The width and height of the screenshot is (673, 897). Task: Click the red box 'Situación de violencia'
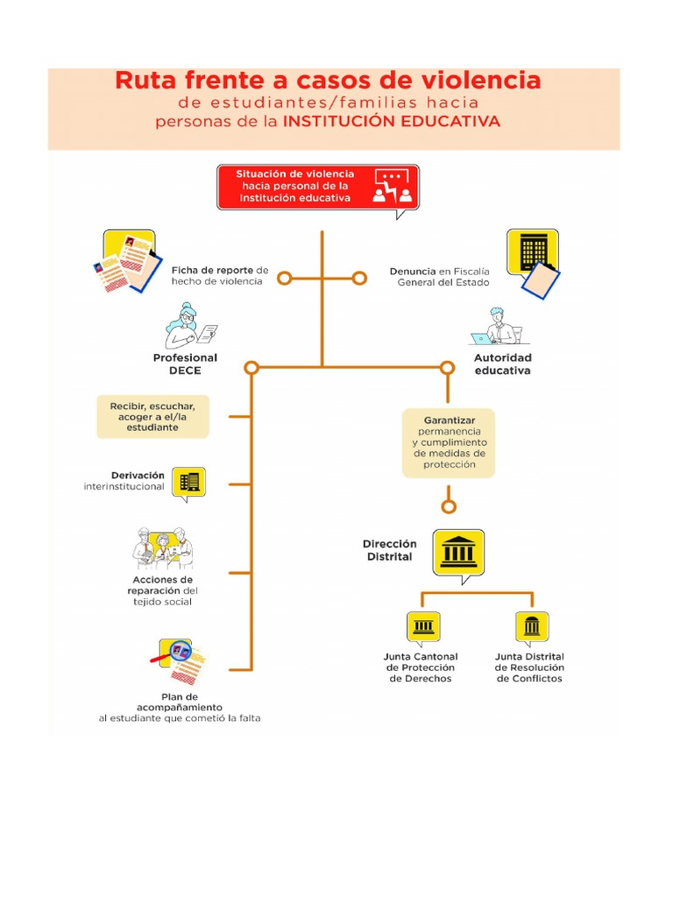[318, 187]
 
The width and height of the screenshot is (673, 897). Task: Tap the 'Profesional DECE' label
[185, 364]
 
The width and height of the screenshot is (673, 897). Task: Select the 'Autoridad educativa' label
[503, 364]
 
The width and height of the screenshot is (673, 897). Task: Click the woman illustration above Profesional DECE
[190, 326]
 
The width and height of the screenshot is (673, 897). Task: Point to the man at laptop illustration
[498, 327]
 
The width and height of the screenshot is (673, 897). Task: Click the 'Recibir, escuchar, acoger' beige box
[152, 416]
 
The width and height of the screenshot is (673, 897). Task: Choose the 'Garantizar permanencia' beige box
[449, 442]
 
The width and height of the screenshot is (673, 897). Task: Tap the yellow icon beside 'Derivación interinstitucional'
[189, 484]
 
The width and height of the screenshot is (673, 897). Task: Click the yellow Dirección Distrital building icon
[459, 554]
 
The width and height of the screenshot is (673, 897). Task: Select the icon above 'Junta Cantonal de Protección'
[423, 627]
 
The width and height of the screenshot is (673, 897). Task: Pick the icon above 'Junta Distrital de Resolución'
[532, 627]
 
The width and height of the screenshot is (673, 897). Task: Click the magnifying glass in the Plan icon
[178, 652]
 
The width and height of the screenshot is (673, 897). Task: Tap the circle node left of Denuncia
[359, 279]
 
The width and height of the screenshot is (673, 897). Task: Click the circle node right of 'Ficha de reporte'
[285, 279]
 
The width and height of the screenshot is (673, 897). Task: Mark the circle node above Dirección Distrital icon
[450, 506]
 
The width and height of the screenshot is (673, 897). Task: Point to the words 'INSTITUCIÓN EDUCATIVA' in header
[392, 121]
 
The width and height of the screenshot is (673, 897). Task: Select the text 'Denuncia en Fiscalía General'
[440, 277]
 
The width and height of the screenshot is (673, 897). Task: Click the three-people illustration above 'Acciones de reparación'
[163, 548]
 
